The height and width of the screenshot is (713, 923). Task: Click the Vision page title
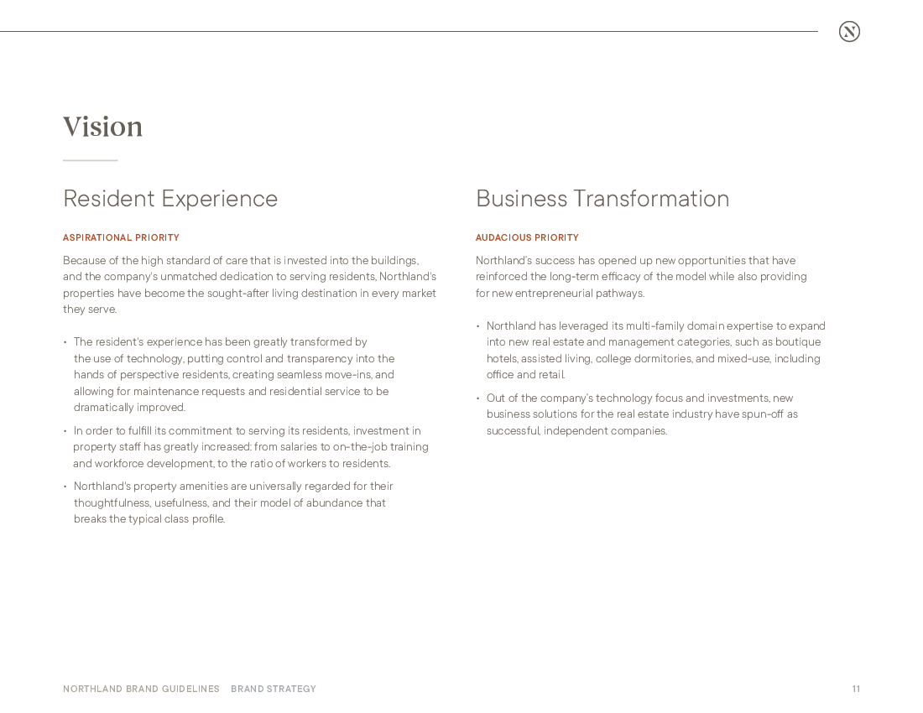[x=102, y=127]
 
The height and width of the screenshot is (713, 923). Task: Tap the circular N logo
[x=849, y=32]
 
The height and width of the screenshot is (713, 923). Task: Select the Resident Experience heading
[x=170, y=199]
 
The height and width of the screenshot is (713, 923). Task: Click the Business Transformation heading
[x=602, y=199]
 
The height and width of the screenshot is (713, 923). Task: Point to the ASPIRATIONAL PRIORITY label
[x=121, y=238]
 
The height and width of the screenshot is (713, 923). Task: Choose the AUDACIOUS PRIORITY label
[x=527, y=238]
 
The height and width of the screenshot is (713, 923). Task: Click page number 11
[x=856, y=690]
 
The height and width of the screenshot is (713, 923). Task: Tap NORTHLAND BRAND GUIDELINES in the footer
[x=141, y=690]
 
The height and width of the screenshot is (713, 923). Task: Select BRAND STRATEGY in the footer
[x=274, y=690]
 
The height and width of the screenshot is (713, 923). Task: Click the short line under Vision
[x=90, y=160]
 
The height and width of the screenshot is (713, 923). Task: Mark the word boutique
[x=798, y=342]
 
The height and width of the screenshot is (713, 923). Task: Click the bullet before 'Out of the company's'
[x=478, y=398]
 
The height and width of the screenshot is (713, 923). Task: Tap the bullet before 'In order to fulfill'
[x=65, y=431]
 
